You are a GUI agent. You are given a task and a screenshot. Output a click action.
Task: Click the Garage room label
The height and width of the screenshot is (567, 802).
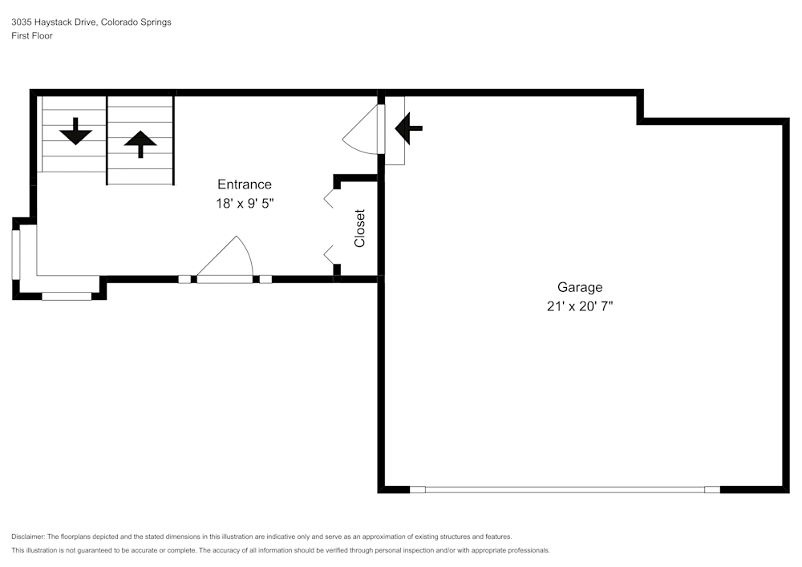(580, 288)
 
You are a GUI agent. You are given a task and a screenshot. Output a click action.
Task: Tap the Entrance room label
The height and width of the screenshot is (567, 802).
(245, 184)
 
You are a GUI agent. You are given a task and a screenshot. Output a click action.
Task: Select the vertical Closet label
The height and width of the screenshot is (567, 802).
(359, 229)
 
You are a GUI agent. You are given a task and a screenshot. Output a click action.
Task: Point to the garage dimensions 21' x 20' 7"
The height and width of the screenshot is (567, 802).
(580, 306)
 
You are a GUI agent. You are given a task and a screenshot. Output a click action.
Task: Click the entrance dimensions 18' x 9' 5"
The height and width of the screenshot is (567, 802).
(245, 204)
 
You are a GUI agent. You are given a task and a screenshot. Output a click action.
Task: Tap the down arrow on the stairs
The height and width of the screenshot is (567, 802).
(75, 132)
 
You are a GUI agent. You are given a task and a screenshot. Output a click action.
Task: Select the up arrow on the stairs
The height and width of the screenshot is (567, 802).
(140, 144)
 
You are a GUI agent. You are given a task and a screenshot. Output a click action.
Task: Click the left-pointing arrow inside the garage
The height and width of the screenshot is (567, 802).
(409, 128)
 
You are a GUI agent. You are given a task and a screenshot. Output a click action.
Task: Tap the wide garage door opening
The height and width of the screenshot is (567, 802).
(565, 490)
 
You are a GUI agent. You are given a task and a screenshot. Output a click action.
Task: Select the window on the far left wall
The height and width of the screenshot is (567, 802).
(16, 254)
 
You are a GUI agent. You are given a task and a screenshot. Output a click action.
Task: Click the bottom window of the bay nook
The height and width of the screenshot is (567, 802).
(67, 296)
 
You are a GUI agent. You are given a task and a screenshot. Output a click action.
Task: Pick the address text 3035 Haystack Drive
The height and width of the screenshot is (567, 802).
(53, 22)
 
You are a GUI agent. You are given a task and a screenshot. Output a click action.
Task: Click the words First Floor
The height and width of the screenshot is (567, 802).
(32, 36)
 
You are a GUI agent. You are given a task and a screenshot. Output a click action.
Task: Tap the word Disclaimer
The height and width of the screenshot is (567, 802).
(27, 537)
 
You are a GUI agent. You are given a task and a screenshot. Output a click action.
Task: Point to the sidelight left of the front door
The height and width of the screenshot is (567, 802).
(184, 279)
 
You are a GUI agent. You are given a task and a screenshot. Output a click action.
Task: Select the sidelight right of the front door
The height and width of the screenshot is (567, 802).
(265, 279)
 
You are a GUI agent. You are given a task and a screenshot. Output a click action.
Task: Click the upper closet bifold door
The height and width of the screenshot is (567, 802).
(329, 198)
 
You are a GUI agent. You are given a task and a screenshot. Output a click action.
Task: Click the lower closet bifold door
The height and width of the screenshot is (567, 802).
(328, 254)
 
